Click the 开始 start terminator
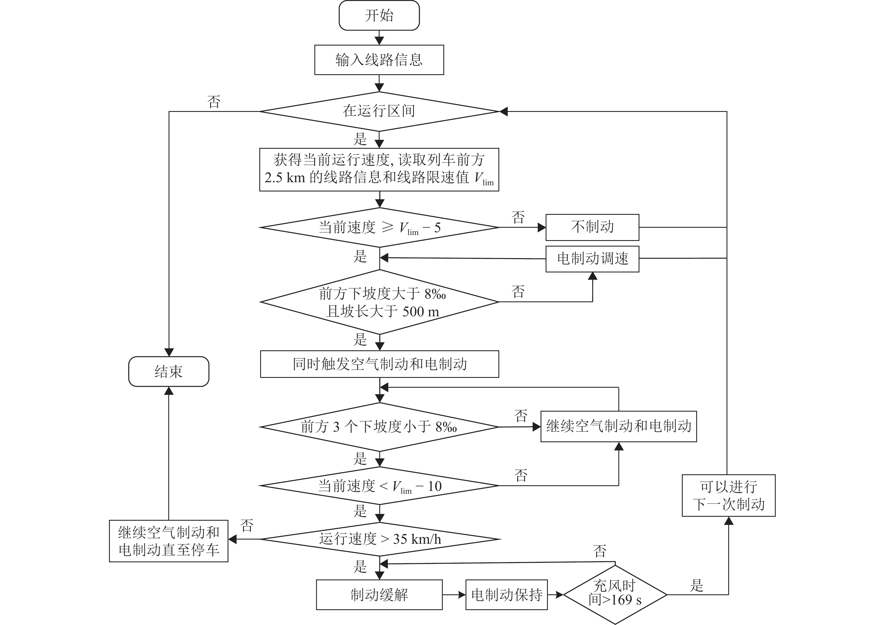379,15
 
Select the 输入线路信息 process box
379,60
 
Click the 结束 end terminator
169,371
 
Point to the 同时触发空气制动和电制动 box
379,364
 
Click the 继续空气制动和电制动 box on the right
618,426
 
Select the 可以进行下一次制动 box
728,495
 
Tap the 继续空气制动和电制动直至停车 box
169,541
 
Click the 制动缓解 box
379,595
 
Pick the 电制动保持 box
507,595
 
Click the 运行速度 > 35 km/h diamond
380,539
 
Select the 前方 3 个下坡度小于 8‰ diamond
379,427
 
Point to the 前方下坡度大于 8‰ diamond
380,302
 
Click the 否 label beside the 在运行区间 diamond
214,102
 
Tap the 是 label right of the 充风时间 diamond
696,585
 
